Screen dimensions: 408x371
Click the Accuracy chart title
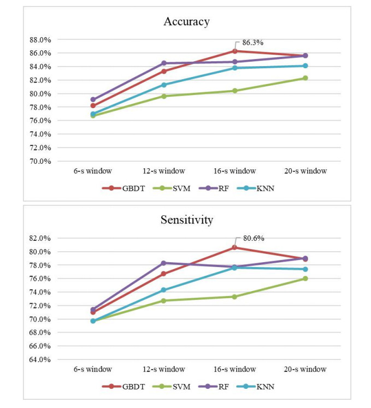[186, 22]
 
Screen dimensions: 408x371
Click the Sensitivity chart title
[186, 220]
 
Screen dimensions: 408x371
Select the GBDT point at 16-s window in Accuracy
[234, 51]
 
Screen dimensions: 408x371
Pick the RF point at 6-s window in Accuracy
[93, 100]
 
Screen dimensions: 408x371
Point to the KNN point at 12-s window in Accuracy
[164, 85]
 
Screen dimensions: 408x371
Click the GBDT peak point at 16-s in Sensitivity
[234, 247]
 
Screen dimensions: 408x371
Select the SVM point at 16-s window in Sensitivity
[234, 297]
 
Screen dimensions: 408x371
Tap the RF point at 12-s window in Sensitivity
[164, 263]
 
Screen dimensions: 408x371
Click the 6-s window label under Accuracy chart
[93, 171]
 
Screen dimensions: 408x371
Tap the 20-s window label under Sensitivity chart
[305, 369]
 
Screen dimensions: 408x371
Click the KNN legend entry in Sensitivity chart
[258, 386]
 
